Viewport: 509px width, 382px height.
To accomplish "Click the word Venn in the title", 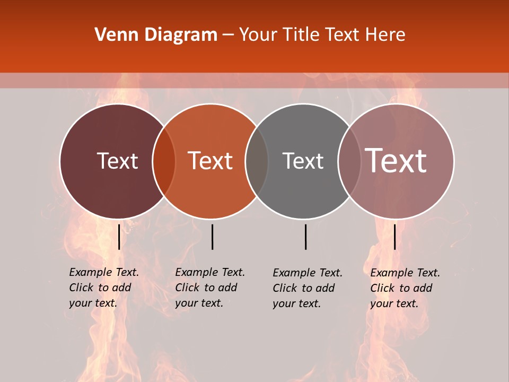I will tap(112, 35).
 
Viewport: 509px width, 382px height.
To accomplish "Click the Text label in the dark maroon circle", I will tap(117, 161).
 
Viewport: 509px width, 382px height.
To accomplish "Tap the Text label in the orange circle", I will tap(210, 161).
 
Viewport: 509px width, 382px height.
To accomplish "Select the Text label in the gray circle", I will tap(303, 161).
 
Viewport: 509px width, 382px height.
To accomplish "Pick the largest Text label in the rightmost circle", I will tap(396, 161).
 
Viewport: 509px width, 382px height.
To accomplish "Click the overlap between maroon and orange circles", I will tap(164, 161).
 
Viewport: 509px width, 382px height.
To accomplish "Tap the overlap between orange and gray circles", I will tap(257, 161).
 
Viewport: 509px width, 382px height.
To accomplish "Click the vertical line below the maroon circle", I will tap(119, 237).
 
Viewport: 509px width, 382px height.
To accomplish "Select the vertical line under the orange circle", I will tap(212, 237).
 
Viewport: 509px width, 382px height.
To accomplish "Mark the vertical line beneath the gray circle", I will tap(306, 237).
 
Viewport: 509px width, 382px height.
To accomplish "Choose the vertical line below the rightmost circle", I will tap(395, 237).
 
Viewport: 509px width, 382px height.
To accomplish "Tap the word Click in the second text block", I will tap(187, 288).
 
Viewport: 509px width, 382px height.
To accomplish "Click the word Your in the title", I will tap(258, 35).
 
